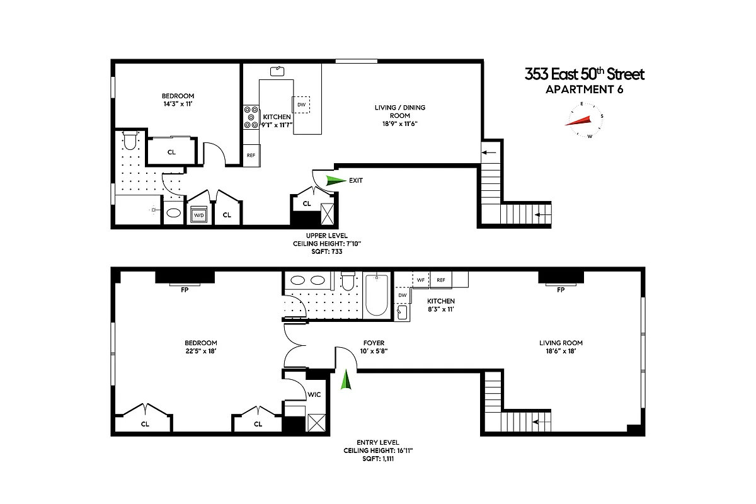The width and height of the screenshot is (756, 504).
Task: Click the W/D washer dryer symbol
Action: pyautogui.click(x=199, y=215)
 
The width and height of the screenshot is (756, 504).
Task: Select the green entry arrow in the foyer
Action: pyautogui.click(x=345, y=380)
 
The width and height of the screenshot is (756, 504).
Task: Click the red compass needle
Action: pyautogui.click(x=580, y=120)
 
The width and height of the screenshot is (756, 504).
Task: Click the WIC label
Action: pyautogui.click(x=314, y=395)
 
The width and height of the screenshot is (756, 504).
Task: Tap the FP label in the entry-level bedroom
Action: pyautogui.click(x=184, y=289)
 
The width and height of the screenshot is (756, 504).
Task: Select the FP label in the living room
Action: pyautogui.click(x=561, y=289)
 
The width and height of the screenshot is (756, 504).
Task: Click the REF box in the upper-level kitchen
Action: pyautogui.click(x=251, y=155)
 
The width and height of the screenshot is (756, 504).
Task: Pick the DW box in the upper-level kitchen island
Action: pyautogui.click(x=301, y=105)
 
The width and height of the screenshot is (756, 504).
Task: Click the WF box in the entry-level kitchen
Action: pyautogui.click(x=421, y=280)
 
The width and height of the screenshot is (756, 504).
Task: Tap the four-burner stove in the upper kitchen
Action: pyautogui.click(x=251, y=117)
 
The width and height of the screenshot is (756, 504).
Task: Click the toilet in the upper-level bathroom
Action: pyautogui.click(x=130, y=140)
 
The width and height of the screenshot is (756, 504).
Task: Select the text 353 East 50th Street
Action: pyautogui.click(x=585, y=74)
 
